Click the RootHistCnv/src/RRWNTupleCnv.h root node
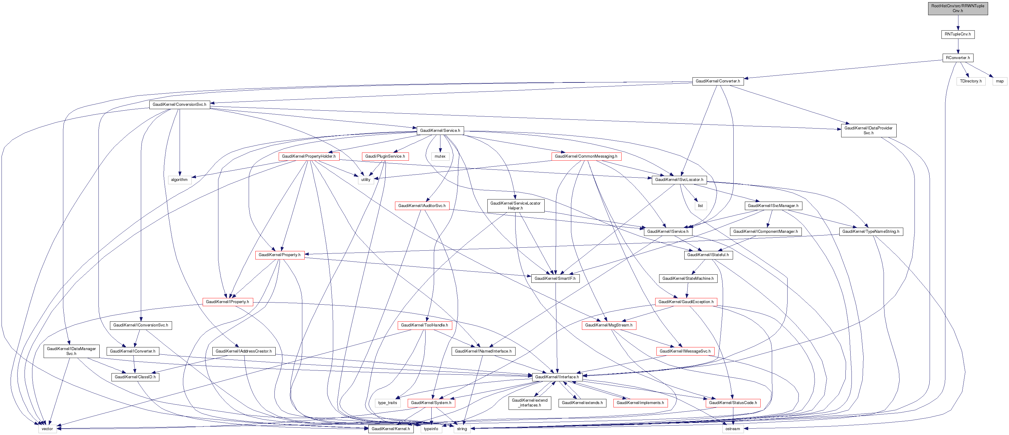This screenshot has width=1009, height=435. [958, 8]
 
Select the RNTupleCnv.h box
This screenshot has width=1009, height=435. [958, 34]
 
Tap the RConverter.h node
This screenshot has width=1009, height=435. [958, 58]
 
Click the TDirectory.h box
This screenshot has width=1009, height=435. [971, 81]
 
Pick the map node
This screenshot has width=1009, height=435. [1000, 81]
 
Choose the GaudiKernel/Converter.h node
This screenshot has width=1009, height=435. [718, 81]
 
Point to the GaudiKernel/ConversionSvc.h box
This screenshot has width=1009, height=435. [179, 105]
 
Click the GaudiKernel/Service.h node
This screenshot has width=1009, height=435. [440, 130]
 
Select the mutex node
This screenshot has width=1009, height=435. [440, 156]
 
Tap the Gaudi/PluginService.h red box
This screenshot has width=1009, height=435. [385, 156]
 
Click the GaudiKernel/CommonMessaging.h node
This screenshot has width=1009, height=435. [586, 156]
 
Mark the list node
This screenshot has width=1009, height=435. [700, 206]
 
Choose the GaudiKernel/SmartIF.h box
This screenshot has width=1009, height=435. [555, 279]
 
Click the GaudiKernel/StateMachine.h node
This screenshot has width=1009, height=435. [688, 279]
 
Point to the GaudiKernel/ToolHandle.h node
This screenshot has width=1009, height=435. [425, 325]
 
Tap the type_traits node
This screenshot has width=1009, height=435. [387, 403]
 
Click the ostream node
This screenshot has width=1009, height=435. [732, 429]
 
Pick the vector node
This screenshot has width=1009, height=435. [47, 429]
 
